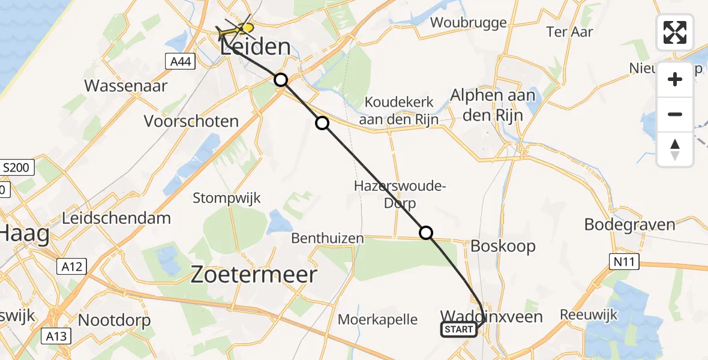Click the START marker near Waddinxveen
[x=460, y=329]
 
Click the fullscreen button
[x=675, y=32]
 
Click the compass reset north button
[x=675, y=149]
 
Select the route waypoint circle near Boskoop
[x=425, y=232]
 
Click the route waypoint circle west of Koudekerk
[x=322, y=123]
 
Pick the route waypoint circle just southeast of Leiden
[x=280, y=79]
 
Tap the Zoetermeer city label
[x=254, y=275]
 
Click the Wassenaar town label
[x=126, y=85]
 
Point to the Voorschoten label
[x=191, y=121]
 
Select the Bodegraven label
[x=630, y=224]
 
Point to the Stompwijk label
[x=227, y=197]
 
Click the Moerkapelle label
[x=377, y=319]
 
